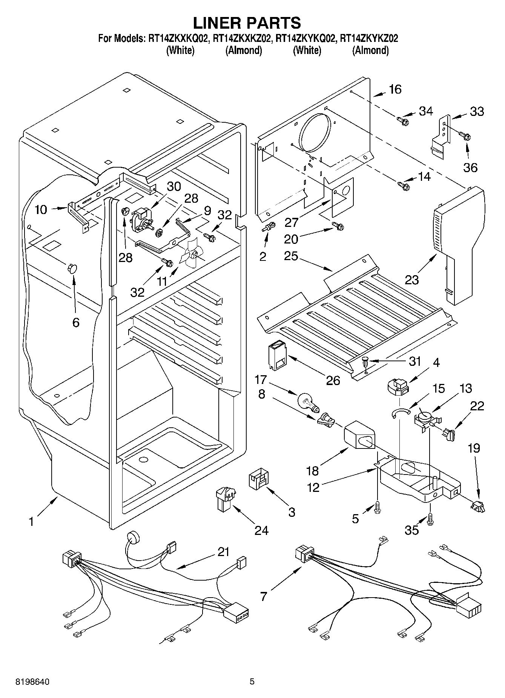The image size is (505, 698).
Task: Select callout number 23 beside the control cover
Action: (412, 280)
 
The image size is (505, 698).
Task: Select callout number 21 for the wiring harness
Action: (224, 552)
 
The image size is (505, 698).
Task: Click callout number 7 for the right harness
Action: (263, 596)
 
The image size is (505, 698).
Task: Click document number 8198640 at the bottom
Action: (32, 682)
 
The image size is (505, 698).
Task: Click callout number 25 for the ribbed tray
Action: (292, 256)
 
